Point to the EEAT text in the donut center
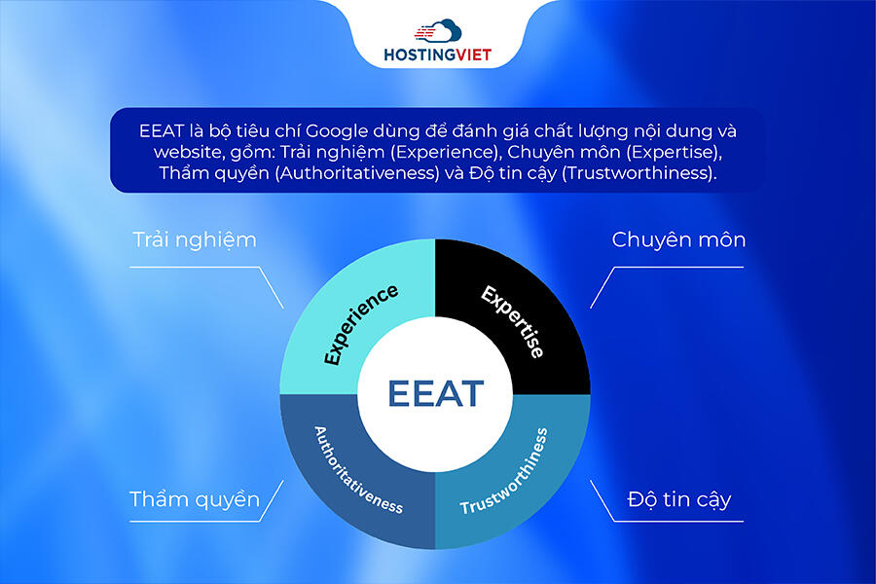point(435,393)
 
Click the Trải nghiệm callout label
point(195,238)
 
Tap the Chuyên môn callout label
point(678,238)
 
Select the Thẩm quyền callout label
point(195,499)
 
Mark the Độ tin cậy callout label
point(678,499)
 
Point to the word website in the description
point(189,152)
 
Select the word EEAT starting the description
point(159,129)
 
